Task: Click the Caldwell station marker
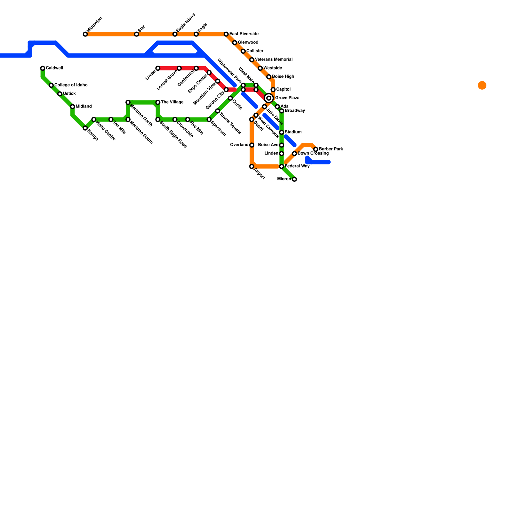click(x=43, y=68)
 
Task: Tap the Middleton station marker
click(x=85, y=34)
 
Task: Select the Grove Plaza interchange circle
click(x=269, y=98)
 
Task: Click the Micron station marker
click(x=294, y=179)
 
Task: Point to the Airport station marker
click(x=252, y=166)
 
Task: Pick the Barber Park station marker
click(x=316, y=149)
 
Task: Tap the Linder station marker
click(x=158, y=68)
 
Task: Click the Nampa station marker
click(x=85, y=128)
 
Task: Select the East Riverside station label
click(x=244, y=34)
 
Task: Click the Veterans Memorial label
click(x=274, y=60)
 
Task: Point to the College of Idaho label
click(x=71, y=85)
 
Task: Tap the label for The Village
click(x=172, y=102)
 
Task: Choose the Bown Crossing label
click(x=313, y=154)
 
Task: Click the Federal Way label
click(x=297, y=166)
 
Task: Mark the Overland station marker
click(x=252, y=145)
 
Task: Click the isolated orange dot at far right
click(x=482, y=85)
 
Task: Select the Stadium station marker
click(x=282, y=132)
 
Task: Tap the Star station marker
click(x=136, y=34)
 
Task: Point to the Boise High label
click(x=283, y=77)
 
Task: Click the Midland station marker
click(x=73, y=107)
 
